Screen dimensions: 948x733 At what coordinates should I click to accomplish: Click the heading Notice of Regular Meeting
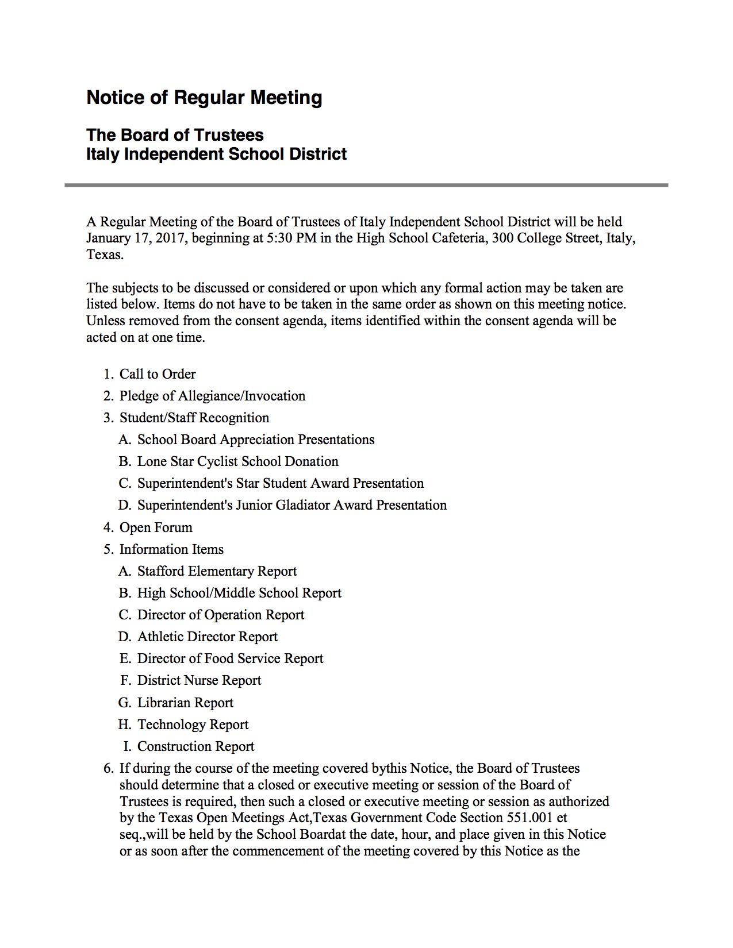[x=204, y=98]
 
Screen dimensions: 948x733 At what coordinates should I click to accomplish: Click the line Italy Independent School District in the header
[x=216, y=154]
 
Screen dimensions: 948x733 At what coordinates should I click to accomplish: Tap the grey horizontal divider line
[x=366, y=185]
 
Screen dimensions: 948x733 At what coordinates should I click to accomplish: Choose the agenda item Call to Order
[x=158, y=374]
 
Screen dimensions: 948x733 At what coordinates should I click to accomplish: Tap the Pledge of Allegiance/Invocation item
[x=212, y=396]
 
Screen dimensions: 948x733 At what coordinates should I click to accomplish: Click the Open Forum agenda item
[x=156, y=527]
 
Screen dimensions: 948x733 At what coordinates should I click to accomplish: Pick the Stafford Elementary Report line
[x=217, y=571]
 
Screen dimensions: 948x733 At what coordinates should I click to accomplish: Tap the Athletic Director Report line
[x=207, y=637]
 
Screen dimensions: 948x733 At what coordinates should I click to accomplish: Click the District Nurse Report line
[x=199, y=680]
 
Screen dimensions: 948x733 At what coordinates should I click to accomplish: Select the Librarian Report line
[x=185, y=703]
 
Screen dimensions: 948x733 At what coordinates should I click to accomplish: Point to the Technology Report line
[x=193, y=725]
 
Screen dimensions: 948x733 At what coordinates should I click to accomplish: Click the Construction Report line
[x=195, y=746]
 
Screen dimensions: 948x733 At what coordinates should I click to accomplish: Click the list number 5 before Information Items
[x=108, y=549]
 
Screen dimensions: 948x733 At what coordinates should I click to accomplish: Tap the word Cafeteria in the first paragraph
[x=458, y=238]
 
